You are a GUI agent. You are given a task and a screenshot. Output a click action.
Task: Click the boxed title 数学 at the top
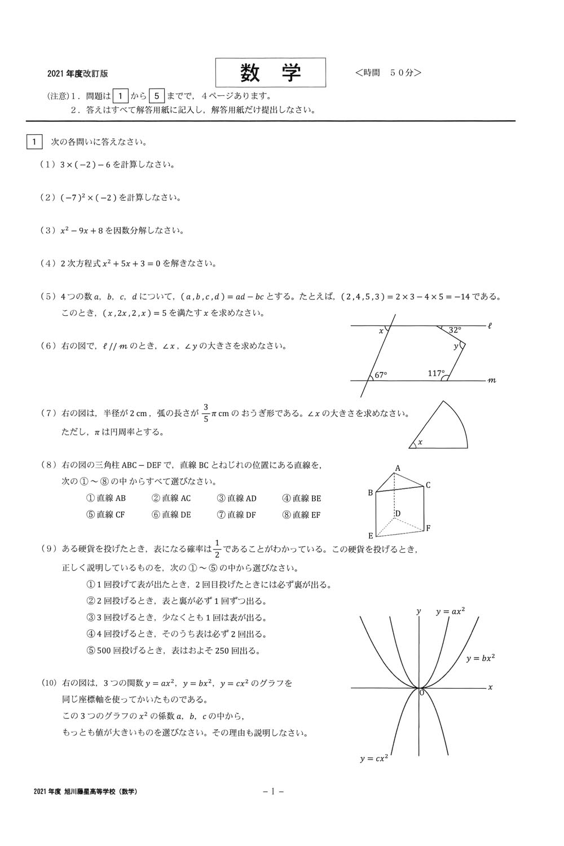271,73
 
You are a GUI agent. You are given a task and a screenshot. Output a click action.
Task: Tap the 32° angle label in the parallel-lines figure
455,331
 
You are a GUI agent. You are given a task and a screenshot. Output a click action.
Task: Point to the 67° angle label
381,374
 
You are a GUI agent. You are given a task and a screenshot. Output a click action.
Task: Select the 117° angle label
435,373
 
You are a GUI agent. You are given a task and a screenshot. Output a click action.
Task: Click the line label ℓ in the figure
490,325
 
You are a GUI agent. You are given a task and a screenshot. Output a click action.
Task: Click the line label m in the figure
492,381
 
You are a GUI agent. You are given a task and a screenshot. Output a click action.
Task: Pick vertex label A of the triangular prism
397,468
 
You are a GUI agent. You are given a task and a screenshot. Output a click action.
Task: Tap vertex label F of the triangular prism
429,528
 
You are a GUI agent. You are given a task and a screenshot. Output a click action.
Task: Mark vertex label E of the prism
371,536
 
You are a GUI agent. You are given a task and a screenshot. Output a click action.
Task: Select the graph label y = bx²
481,658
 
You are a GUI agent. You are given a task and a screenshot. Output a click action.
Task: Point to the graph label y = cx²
374,759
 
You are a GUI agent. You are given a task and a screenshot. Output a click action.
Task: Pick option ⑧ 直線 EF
301,514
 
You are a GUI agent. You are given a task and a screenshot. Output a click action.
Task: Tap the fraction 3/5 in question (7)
206,413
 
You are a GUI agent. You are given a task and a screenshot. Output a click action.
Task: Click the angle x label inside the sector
420,442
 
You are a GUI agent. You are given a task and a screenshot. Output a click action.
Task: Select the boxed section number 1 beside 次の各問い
34,142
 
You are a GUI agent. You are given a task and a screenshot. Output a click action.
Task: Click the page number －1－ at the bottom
273,792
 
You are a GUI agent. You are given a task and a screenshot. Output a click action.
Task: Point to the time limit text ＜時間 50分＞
389,73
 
